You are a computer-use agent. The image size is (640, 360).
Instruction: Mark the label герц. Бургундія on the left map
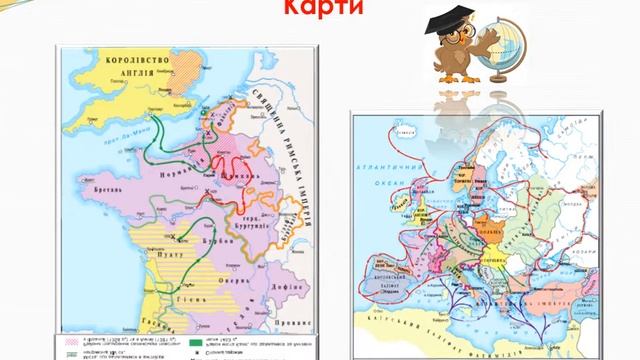click(263, 217)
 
